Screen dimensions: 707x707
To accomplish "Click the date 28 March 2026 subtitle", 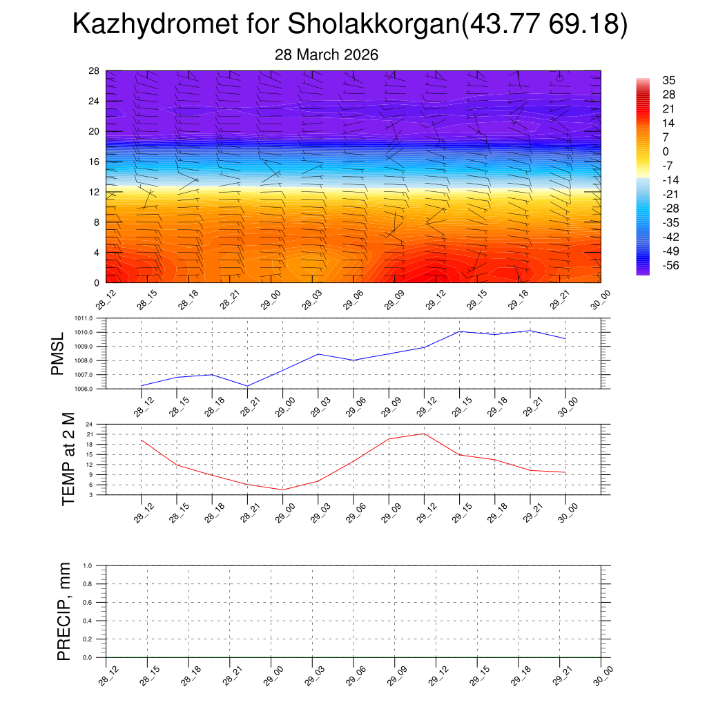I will coord(327,55).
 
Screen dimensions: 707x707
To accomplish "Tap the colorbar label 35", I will coord(668,80).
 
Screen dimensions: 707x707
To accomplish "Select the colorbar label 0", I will coord(666,151).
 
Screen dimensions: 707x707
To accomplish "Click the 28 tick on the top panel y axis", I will coord(95,70).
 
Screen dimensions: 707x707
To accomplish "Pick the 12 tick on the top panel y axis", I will coord(95,192).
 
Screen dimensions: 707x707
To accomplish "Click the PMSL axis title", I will coord(58,353).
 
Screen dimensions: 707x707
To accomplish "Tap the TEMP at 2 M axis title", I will coord(68,459).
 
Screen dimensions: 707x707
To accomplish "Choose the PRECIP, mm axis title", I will coord(64,611).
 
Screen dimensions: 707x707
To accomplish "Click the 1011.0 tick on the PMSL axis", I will coord(90,318).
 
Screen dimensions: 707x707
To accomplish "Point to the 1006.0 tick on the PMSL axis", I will coord(90,389).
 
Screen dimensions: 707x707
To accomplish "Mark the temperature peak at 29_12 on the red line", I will coord(424,434).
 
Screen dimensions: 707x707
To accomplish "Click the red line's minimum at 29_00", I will coord(282,490).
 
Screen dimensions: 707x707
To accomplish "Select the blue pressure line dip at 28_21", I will coord(247,386).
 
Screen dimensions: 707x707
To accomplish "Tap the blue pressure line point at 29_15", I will coord(460,331).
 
